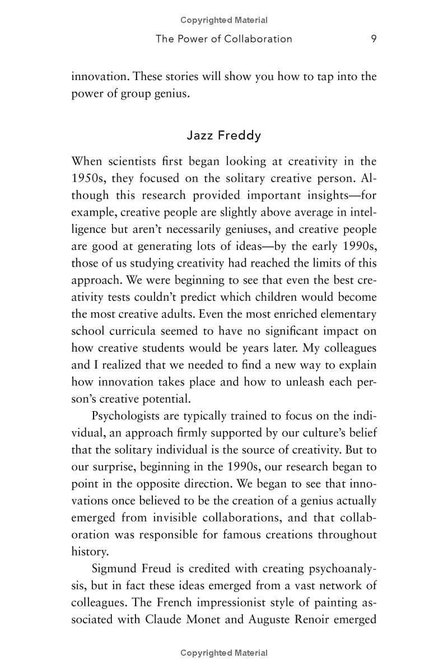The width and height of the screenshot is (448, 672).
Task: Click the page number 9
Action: [x=373, y=39]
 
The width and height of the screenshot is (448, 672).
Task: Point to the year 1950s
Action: [x=91, y=179]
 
